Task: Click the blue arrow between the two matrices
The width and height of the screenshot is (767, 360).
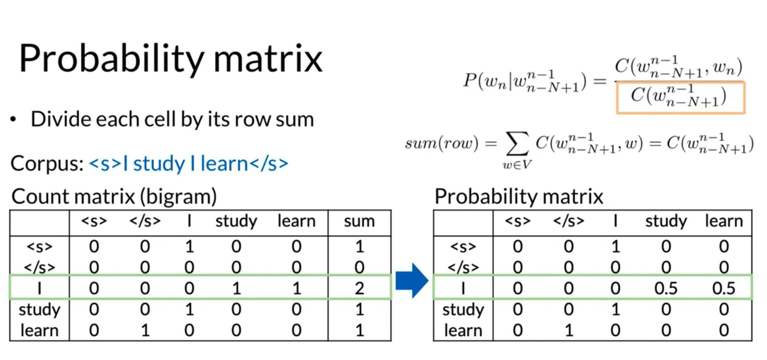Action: tap(412, 280)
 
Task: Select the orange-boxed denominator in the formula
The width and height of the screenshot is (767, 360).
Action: tap(681, 98)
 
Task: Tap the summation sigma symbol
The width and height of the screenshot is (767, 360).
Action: tap(517, 144)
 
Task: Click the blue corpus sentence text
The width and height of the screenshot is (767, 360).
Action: tap(189, 163)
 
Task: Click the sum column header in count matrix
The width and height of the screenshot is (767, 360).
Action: tap(359, 221)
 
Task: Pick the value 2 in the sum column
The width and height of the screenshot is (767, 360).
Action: tap(359, 288)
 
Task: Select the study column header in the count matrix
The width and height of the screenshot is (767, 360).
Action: tap(236, 221)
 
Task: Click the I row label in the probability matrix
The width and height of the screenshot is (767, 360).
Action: tap(463, 288)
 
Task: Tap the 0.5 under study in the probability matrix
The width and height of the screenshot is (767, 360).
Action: tap(666, 288)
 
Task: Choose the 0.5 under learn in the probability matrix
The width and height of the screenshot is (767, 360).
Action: tap(723, 288)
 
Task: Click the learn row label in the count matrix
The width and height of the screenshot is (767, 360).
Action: tap(40, 330)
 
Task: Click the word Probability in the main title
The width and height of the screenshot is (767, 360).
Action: tap(112, 59)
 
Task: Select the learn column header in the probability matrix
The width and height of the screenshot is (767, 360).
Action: tap(724, 221)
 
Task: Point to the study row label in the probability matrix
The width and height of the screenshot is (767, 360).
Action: tap(463, 310)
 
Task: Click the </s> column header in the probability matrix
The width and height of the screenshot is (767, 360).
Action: tap(568, 221)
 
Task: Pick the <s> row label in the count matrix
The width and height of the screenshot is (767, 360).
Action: tap(40, 247)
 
